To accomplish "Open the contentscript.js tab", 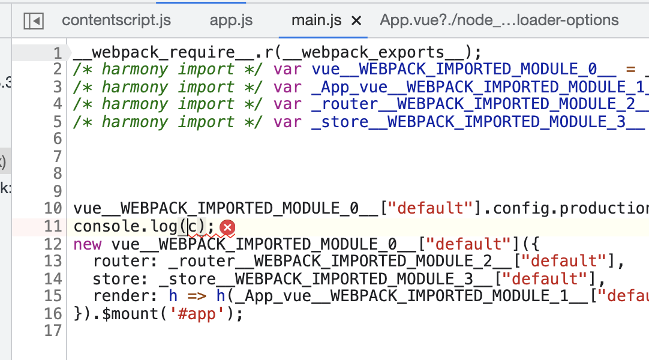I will coord(116,20).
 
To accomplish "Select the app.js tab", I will coord(231,20).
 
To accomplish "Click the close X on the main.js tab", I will coord(356,21).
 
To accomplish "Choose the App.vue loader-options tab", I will coord(499,20).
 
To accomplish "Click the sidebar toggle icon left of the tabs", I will coord(34,21).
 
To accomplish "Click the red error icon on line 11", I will coord(227,227).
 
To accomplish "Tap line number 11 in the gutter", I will coord(53,227).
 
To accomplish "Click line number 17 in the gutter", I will coord(53,331).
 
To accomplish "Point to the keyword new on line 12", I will coord(87,244).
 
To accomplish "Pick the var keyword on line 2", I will coord(287,70).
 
